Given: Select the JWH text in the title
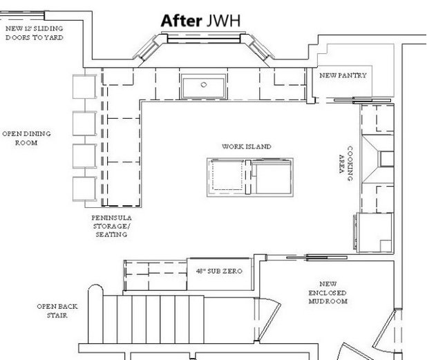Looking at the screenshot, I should pos(222,21).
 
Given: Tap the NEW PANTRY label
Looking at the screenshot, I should pos(343,75).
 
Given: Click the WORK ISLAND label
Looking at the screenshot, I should pos(247,147).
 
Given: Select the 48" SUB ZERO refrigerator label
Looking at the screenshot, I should pos(219,272).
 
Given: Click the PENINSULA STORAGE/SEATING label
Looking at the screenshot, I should pos(111,226).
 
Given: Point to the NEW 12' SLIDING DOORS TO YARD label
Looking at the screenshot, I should pos(34,33).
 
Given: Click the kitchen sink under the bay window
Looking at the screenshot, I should pos(204,87).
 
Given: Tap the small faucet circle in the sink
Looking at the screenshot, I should pos(204,84).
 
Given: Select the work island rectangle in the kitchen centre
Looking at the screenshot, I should pos(249,176).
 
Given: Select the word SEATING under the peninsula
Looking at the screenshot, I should pos(111,235).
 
